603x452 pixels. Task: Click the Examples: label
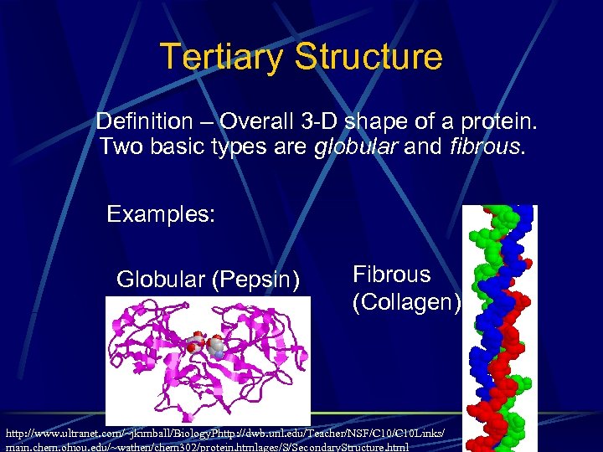tap(161, 214)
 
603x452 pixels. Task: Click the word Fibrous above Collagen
tap(391, 275)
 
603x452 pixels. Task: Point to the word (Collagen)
tap(406, 302)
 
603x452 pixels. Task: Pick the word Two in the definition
tap(118, 148)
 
